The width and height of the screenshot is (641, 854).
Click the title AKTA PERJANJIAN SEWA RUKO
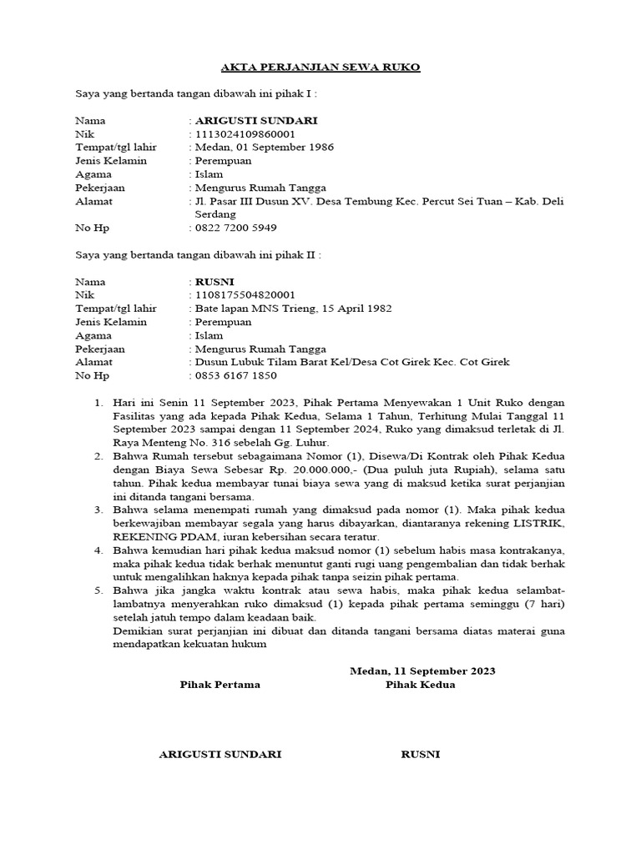pyautogui.click(x=320, y=67)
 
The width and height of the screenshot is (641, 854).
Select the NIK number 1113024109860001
pyautogui.click(x=245, y=134)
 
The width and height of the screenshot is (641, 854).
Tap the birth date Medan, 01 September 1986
pyautogui.click(x=264, y=148)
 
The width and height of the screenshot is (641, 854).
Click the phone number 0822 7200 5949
pyautogui.click(x=235, y=228)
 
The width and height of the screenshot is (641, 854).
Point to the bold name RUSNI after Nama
pyautogui.click(x=215, y=282)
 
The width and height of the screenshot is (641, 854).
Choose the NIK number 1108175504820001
pyautogui.click(x=245, y=295)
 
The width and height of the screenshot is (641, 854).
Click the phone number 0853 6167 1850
pyautogui.click(x=235, y=375)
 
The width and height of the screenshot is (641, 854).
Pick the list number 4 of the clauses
pyautogui.click(x=98, y=550)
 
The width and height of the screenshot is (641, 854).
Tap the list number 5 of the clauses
pyautogui.click(x=98, y=590)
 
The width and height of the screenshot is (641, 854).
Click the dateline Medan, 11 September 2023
pyautogui.click(x=422, y=671)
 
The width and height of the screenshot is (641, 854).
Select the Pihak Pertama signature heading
pyautogui.click(x=220, y=685)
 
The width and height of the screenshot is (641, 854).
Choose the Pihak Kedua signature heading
pyautogui.click(x=421, y=685)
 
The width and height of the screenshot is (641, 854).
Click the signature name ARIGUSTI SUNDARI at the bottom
pyautogui.click(x=220, y=755)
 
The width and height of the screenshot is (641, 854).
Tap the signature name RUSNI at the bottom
pyautogui.click(x=421, y=755)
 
